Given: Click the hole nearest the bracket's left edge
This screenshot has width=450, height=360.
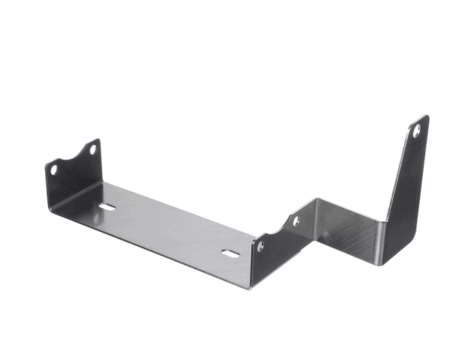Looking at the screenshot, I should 54,169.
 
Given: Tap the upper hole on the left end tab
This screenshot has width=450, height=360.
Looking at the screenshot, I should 93,150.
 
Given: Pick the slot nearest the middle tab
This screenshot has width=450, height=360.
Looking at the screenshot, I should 231,253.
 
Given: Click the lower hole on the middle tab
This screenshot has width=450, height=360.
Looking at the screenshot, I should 260,246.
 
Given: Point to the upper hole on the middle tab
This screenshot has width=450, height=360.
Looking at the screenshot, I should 295,221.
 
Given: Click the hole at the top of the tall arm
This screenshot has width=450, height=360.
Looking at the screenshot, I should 417,130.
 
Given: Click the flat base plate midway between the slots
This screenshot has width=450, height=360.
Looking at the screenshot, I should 169,229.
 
